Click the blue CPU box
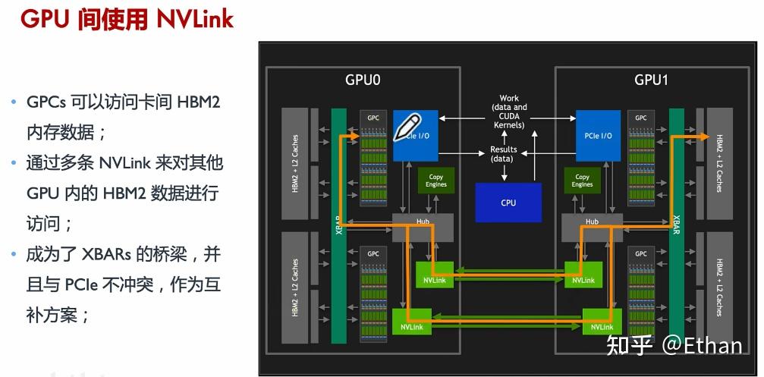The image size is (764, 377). click(x=508, y=202)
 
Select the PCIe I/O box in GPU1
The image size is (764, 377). click(x=598, y=136)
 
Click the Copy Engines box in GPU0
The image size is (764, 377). click(x=436, y=180)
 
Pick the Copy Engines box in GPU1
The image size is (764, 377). click(x=582, y=180)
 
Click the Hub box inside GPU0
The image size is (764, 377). click(x=422, y=223)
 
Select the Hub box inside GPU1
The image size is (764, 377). click(x=592, y=223)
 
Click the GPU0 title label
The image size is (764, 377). click(x=362, y=80)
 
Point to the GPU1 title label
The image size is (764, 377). click(x=652, y=80)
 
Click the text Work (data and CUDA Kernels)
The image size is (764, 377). click(x=509, y=112)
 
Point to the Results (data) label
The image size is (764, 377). click(x=503, y=154)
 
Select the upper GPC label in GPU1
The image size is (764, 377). click(x=641, y=118)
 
